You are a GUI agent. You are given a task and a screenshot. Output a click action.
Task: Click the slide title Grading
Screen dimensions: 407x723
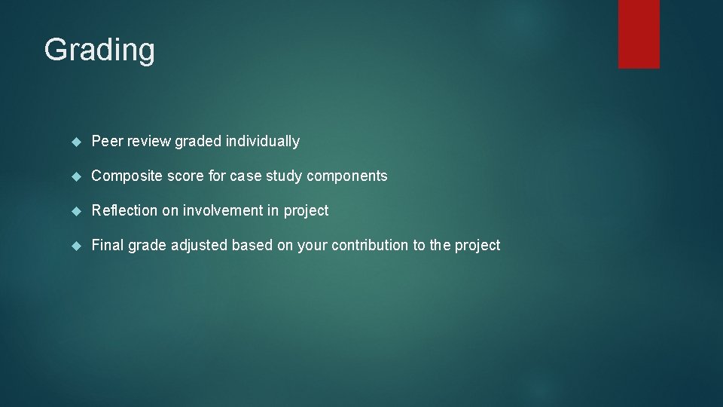click(99, 50)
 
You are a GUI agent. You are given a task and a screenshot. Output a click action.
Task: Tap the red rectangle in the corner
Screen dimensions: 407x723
click(639, 33)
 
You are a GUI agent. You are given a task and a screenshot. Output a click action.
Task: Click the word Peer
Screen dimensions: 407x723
click(106, 141)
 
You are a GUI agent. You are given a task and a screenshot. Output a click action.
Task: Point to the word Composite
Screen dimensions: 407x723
click(124, 176)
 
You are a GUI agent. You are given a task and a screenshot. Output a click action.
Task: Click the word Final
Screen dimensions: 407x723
click(108, 245)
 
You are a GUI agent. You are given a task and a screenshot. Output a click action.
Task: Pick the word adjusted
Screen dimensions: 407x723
click(200, 245)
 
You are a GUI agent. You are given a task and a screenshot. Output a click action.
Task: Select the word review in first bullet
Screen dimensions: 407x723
click(148, 141)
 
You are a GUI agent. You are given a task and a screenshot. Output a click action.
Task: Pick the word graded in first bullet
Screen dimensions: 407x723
click(197, 141)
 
